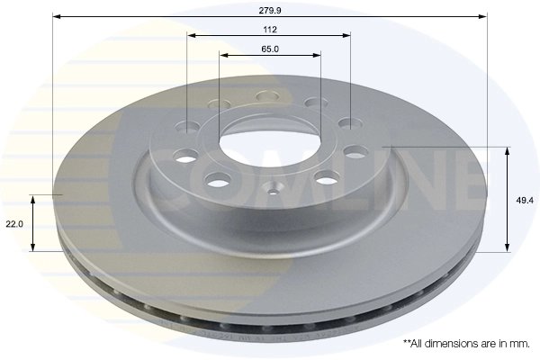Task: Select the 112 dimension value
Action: [x=270, y=27]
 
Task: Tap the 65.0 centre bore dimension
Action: [x=270, y=48]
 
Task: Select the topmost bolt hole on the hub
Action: [x=267, y=96]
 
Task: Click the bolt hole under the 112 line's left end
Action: [x=189, y=127]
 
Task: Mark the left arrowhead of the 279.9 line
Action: [x=56, y=16]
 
